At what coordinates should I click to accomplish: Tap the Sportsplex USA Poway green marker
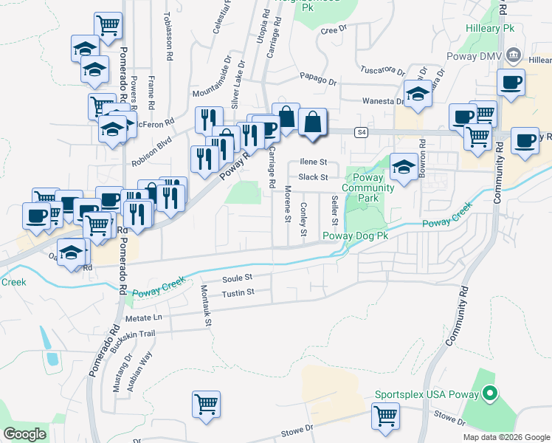[x=487, y=394]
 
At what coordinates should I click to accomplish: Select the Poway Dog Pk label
[x=355, y=236]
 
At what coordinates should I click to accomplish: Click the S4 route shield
[x=360, y=133]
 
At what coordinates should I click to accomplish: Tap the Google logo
[x=24, y=434]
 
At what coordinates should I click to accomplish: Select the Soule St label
[x=238, y=278]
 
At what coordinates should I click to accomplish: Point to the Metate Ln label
[x=143, y=317]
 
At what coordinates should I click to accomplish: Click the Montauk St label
[x=208, y=306]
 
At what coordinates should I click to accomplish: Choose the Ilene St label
[x=313, y=162]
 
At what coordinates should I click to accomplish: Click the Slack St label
[x=313, y=177]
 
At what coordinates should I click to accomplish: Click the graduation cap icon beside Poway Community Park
[x=404, y=166]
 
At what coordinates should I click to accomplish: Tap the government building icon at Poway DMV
[x=515, y=56]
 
